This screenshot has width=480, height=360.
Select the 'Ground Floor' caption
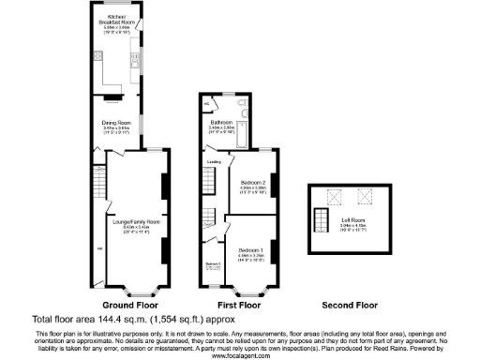point(127,306)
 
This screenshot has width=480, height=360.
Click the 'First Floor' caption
point(238,306)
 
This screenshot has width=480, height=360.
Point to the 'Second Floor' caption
point(349,306)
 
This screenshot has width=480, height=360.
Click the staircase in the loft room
point(321,222)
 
